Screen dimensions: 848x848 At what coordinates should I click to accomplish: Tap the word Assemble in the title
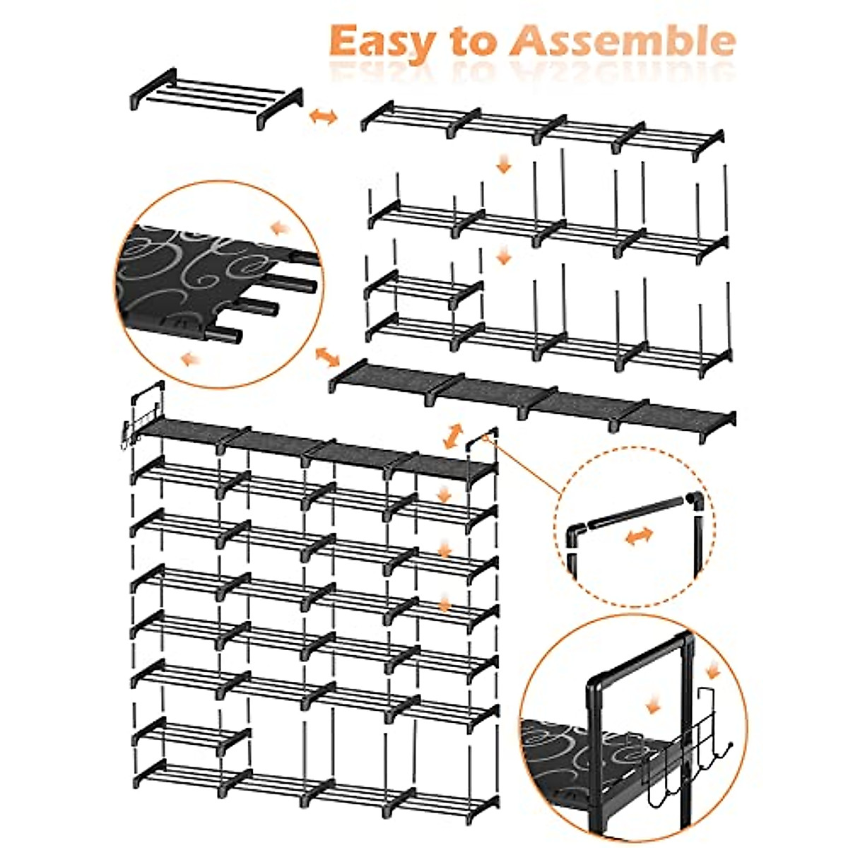coord(622,41)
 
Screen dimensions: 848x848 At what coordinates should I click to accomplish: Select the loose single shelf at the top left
coord(216,98)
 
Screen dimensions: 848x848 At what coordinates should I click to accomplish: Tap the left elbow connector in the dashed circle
coord(577,531)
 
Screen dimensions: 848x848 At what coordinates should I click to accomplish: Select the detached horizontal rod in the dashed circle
coord(636,514)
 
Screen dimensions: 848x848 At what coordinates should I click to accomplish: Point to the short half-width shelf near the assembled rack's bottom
coord(191,736)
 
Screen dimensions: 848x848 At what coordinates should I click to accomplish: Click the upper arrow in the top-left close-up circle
coord(281,228)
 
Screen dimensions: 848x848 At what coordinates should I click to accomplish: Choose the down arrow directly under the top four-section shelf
coord(503,166)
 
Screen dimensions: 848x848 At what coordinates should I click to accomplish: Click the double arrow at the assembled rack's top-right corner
coord(452,435)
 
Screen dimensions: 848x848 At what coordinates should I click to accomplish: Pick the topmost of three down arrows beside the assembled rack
coord(444,494)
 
